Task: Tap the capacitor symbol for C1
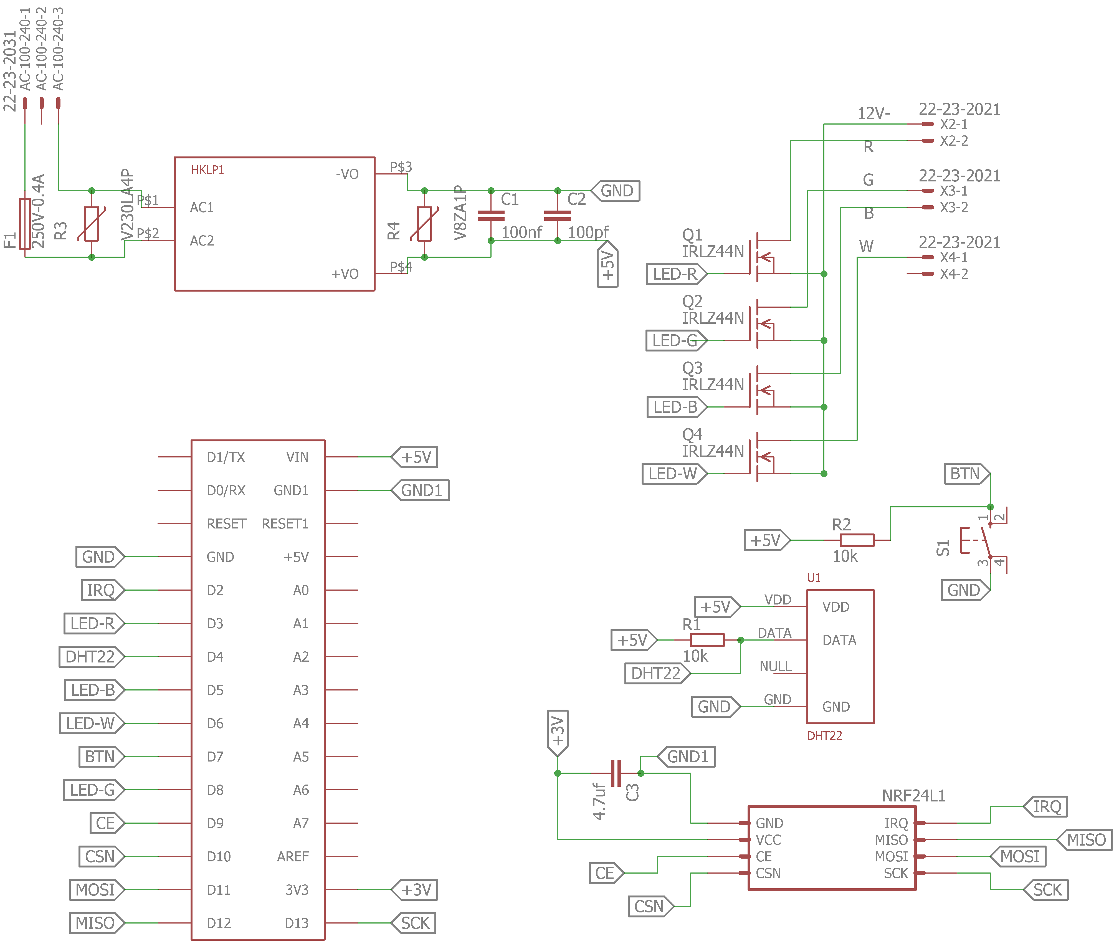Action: click(491, 216)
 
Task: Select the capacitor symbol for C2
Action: click(557, 216)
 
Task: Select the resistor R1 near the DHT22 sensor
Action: click(707, 640)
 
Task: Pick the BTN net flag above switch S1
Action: click(966, 474)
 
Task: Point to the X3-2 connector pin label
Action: click(953, 208)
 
